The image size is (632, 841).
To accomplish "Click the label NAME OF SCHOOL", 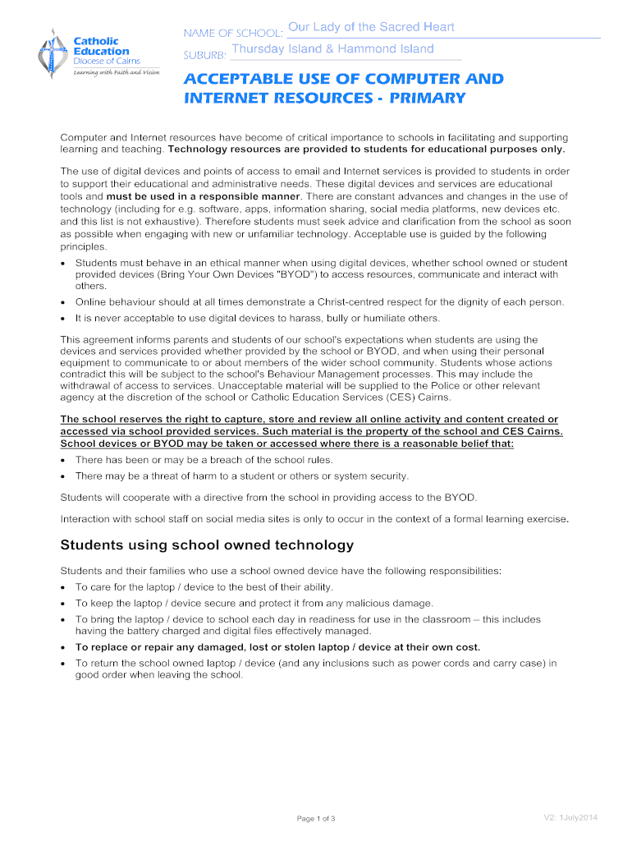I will point(233,33).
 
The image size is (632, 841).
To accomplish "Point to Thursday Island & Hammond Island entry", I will point(332,49).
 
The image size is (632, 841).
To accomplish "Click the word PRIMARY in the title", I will point(427,99).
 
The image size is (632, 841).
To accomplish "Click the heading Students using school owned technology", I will point(207,545).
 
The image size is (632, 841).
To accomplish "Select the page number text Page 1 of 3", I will point(316,818).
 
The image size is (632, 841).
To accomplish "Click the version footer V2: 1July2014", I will point(570,817).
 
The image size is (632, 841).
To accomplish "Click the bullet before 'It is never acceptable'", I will point(64,318).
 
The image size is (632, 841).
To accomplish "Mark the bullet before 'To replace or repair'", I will point(64,647).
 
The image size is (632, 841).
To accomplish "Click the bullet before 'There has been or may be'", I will point(64,461).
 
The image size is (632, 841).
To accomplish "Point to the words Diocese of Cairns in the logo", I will point(107,61).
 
